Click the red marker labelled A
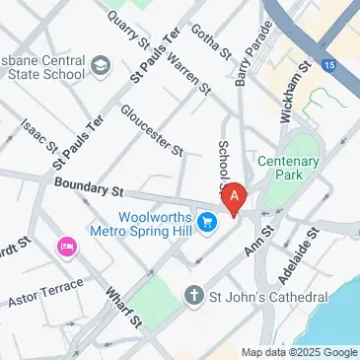point(234,200)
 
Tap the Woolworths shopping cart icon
point(208,224)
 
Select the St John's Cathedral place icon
point(193,296)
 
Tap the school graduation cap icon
point(101,66)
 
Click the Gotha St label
point(209,40)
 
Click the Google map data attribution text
point(300,352)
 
